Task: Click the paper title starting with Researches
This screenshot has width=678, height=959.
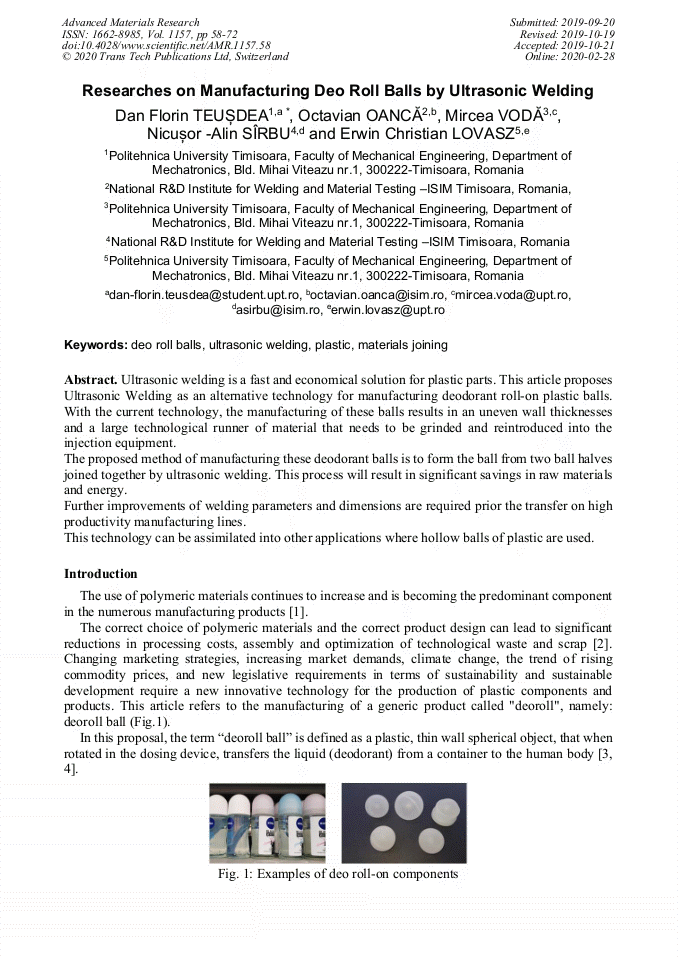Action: (338, 91)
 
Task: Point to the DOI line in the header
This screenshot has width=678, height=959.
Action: (166, 46)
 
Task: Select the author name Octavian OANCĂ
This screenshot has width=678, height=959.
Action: (357, 115)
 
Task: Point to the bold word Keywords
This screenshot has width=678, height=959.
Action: (96, 345)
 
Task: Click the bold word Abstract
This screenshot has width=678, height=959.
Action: (91, 381)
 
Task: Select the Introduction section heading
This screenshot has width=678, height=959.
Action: (100, 574)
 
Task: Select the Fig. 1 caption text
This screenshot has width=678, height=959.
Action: (338, 874)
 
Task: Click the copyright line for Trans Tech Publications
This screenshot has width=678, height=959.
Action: (175, 57)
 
